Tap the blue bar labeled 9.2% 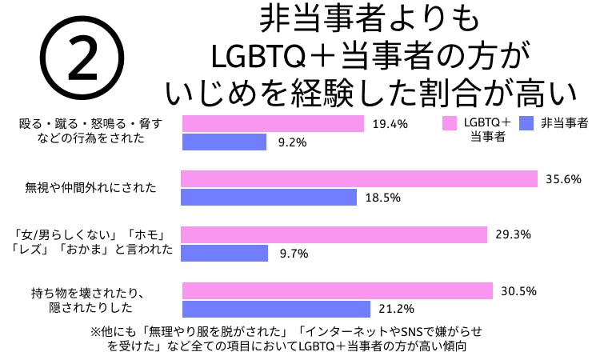point(225,142)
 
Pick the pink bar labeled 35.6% point(359,178)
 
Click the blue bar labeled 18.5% point(271,197)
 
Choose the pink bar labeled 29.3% point(334,234)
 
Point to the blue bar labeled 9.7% point(226,253)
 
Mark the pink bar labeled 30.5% point(338,290)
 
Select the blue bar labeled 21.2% point(277,309)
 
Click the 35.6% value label point(562,178)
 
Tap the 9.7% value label point(293,253)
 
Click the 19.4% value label point(390,124)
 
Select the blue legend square point(526,123)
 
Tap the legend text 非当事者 point(565,123)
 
